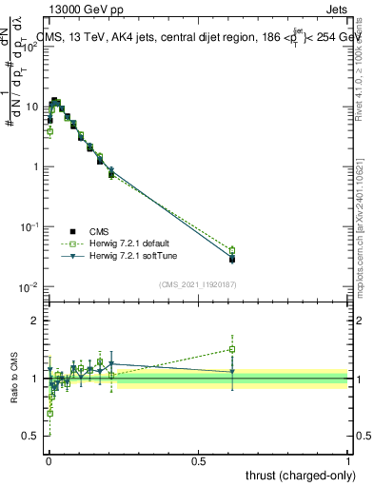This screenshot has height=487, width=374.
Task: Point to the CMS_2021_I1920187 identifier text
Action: coord(196,284)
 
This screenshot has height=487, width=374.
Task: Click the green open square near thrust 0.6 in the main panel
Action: coord(232,250)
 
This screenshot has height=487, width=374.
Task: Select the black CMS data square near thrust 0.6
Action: coord(232,259)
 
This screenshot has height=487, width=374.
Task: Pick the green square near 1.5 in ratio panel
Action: coord(232,349)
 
